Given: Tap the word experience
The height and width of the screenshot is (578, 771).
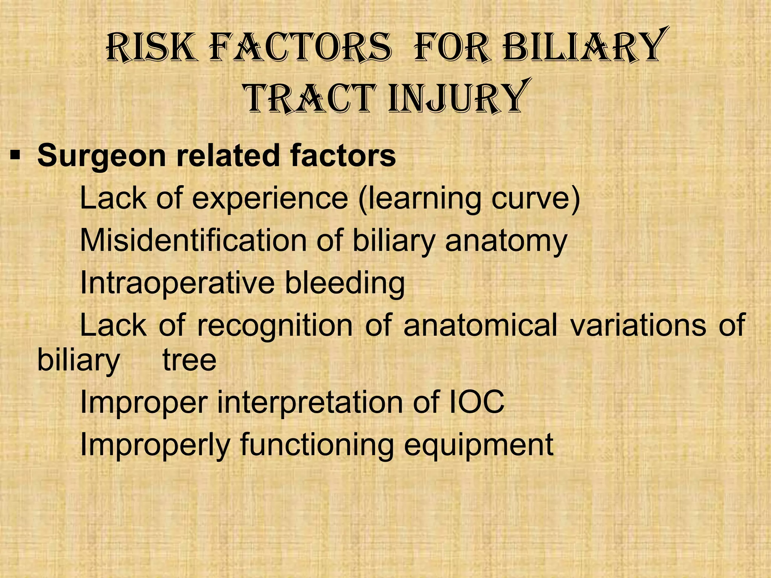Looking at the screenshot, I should click(x=270, y=198).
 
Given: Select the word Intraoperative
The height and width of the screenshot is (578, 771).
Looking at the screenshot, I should click(x=178, y=283).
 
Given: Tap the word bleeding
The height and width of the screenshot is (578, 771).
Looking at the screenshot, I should click(x=344, y=283).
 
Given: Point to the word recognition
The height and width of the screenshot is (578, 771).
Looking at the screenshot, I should click(x=275, y=326).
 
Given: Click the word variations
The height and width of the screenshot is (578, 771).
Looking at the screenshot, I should click(x=638, y=325).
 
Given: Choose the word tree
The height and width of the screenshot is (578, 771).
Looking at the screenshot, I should click(x=189, y=360).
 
